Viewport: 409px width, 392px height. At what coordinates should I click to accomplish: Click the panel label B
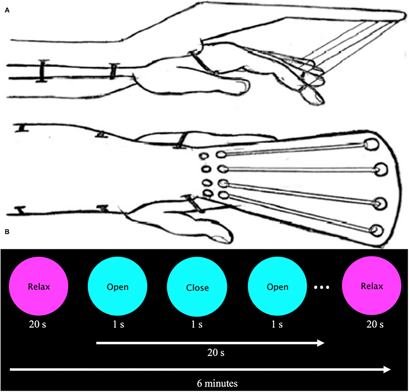point(7,233)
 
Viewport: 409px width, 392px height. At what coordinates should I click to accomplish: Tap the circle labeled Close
point(198,287)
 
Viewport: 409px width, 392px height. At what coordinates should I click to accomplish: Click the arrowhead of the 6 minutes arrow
point(386,370)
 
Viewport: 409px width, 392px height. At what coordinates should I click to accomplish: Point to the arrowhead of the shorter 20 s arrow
point(321,343)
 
